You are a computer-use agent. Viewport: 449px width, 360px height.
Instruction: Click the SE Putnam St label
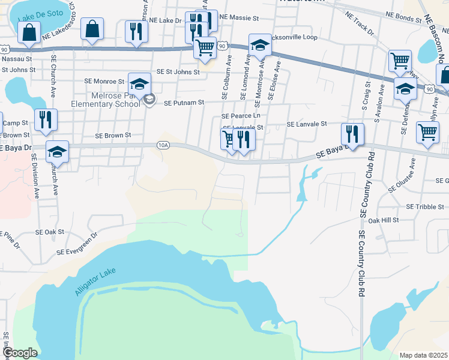[184, 103]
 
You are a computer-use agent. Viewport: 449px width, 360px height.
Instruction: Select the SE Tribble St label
[425, 206]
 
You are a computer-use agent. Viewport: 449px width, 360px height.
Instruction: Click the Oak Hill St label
[384, 221]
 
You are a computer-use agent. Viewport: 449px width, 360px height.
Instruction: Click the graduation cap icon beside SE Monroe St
[139, 85]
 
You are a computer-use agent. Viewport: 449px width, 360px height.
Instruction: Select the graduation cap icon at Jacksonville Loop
[261, 46]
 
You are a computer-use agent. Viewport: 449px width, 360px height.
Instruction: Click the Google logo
[20, 353]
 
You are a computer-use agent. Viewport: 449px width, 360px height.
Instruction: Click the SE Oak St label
[50, 232]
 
